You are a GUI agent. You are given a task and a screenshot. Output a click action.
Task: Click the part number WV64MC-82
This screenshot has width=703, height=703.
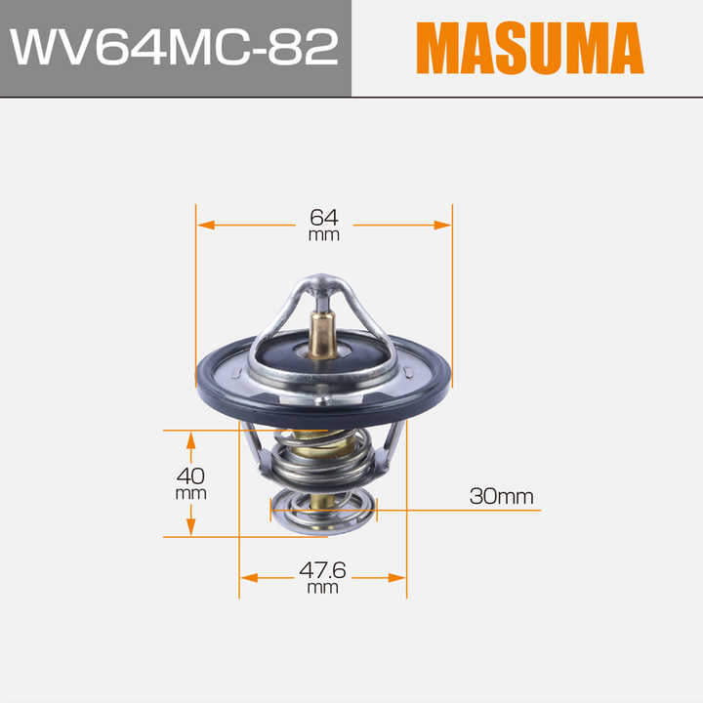click(174, 47)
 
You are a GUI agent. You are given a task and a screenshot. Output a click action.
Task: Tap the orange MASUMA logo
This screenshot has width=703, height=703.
click(530, 48)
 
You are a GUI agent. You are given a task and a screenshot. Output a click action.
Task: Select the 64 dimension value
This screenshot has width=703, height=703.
click(324, 218)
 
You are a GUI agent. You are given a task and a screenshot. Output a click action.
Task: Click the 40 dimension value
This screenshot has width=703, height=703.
click(190, 476)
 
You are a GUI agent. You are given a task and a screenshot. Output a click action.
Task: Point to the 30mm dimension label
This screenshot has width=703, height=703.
click(501, 496)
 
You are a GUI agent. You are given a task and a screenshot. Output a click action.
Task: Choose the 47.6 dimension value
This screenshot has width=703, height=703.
click(322, 570)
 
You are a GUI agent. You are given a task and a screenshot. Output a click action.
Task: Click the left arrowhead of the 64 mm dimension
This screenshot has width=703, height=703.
click(206, 225)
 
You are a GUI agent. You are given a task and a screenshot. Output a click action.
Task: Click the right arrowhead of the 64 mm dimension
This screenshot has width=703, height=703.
click(442, 225)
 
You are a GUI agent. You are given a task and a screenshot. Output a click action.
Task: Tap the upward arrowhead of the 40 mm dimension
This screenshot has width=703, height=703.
click(191, 440)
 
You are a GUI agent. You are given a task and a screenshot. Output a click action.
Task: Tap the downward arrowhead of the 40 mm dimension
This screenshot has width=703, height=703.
click(191, 527)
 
